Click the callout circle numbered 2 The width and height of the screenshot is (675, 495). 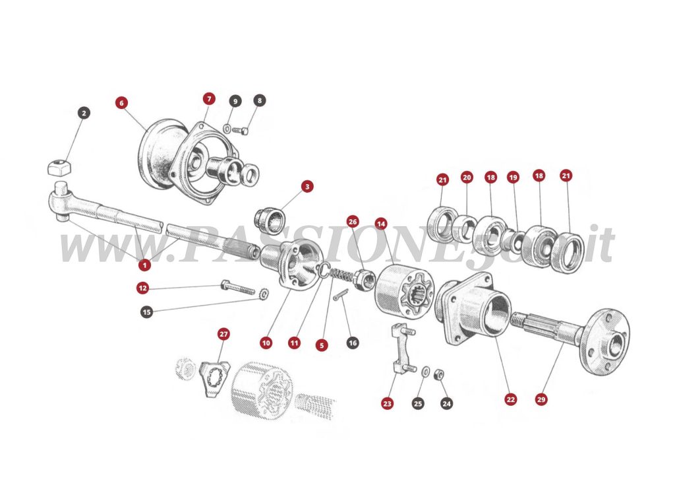(x=83, y=113)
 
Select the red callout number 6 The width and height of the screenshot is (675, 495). (x=121, y=103)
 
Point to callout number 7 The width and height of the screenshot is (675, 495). (x=209, y=99)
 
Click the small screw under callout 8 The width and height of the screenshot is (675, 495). (x=241, y=131)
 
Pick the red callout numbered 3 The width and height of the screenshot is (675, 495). (x=307, y=187)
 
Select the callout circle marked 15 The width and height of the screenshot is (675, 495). (x=146, y=311)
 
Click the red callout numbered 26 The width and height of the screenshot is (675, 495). (x=353, y=222)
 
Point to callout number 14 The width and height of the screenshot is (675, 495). (x=380, y=224)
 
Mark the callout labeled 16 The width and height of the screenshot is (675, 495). (x=353, y=343)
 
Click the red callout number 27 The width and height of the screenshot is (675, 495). (x=223, y=335)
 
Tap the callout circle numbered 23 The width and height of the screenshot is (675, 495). (x=388, y=403)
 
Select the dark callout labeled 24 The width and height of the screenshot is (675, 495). (x=447, y=403)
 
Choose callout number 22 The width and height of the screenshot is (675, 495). (x=511, y=399)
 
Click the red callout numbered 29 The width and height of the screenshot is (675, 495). (x=541, y=399)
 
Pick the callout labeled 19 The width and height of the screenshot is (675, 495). (x=514, y=177)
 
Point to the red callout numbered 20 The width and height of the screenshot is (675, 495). (x=467, y=177)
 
